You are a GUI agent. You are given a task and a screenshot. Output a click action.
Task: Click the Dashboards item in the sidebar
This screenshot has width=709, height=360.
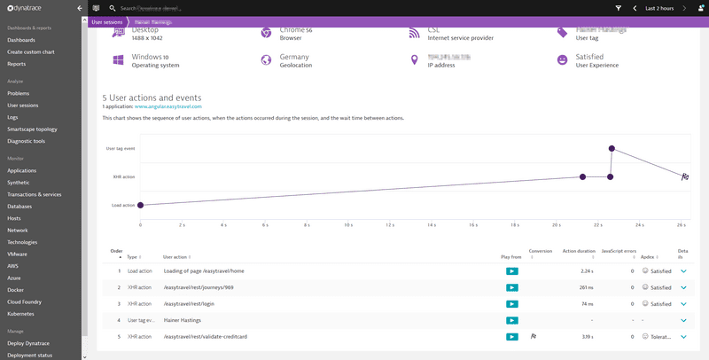(21, 41)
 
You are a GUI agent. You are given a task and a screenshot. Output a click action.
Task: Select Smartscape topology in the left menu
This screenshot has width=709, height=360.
(32, 129)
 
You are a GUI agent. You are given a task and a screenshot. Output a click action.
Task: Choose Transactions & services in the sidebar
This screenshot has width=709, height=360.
(34, 194)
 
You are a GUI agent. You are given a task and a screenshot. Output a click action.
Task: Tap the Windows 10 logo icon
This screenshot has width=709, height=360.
(118, 60)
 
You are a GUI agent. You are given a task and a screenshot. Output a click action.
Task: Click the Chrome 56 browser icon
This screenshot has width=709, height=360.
(265, 33)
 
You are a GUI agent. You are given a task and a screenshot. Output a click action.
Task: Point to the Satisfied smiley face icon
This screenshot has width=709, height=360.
(562, 60)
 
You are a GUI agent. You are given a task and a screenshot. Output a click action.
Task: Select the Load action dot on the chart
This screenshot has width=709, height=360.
(140, 205)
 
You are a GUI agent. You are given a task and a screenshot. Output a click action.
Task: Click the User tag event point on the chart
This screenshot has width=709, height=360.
(612, 148)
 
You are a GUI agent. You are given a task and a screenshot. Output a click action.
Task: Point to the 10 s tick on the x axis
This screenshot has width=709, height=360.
(348, 224)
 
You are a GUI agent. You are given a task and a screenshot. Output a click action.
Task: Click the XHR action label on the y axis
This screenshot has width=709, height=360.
(123, 176)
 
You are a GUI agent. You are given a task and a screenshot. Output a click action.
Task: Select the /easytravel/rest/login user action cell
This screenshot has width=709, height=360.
(189, 303)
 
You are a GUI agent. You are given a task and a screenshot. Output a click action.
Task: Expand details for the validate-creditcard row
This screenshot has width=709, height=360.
(683, 337)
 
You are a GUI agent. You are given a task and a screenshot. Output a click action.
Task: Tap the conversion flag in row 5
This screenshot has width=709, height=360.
(534, 337)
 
